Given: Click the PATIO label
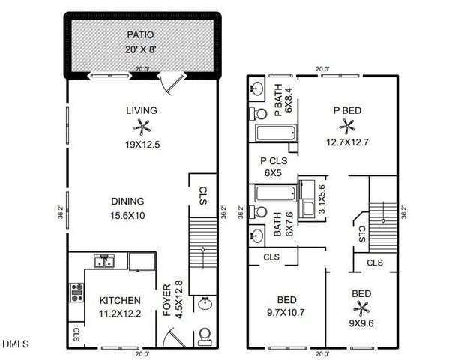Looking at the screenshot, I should click(142, 34).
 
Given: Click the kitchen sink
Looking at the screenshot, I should click(103, 261).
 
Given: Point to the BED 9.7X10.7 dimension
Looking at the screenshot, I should click(288, 311).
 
